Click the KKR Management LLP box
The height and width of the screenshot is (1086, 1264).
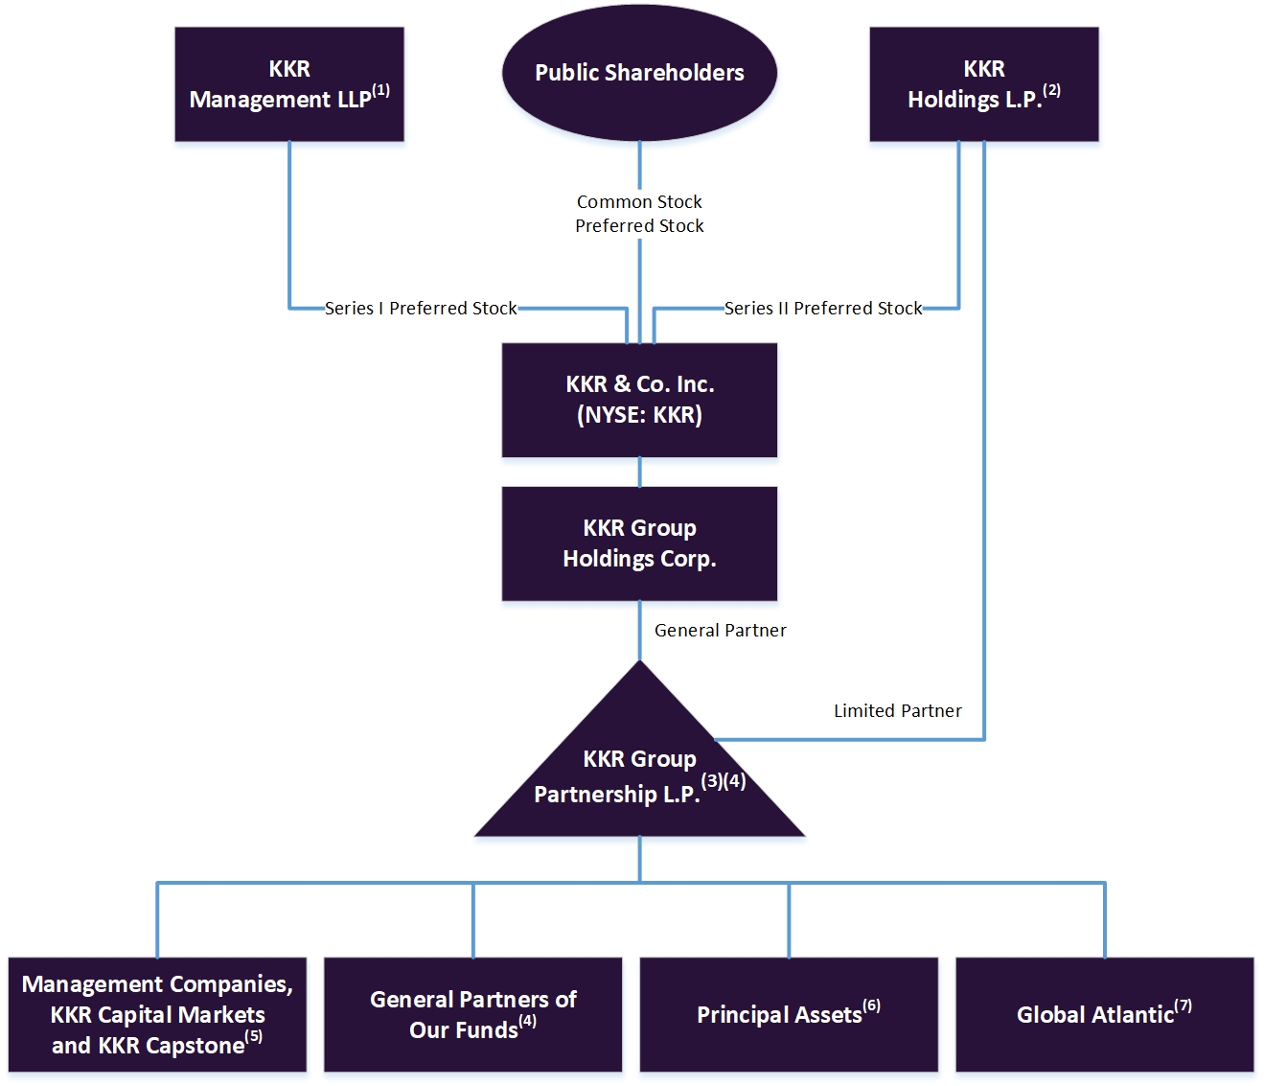(288, 84)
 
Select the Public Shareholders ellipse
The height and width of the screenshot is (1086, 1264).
(639, 73)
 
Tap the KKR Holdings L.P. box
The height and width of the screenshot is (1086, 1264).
(983, 84)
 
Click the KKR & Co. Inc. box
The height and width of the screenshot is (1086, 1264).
(639, 400)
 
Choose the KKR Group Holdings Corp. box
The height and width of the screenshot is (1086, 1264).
(639, 543)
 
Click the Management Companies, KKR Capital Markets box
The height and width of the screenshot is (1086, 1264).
(157, 1014)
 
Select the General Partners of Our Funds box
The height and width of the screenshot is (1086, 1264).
(472, 1014)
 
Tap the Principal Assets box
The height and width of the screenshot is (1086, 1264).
(788, 1014)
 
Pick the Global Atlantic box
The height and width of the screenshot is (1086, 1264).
(1104, 1014)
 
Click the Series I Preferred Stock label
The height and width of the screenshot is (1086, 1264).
(421, 309)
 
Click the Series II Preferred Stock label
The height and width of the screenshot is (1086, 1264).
(822, 309)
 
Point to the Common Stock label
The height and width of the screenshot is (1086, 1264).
(639, 202)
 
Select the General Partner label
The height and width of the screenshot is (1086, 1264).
(720, 631)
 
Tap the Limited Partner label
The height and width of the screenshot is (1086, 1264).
(897, 711)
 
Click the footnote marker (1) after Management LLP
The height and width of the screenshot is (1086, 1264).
(380, 90)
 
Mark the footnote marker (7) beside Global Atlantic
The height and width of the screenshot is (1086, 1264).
(1183, 1005)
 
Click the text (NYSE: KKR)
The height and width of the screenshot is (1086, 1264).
(639, 415)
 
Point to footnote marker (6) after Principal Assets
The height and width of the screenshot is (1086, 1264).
(871, 1005)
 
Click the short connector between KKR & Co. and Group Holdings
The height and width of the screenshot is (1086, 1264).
(639, 473)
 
